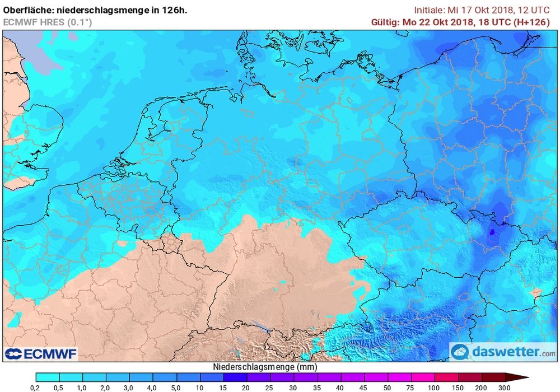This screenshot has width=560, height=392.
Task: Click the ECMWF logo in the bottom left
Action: (x=41, y=353)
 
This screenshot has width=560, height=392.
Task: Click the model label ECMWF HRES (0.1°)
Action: (x=48, y=22)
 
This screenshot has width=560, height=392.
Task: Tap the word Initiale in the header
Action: (x=429, y=10)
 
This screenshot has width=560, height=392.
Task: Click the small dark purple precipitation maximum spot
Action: (x=493, y=231)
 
